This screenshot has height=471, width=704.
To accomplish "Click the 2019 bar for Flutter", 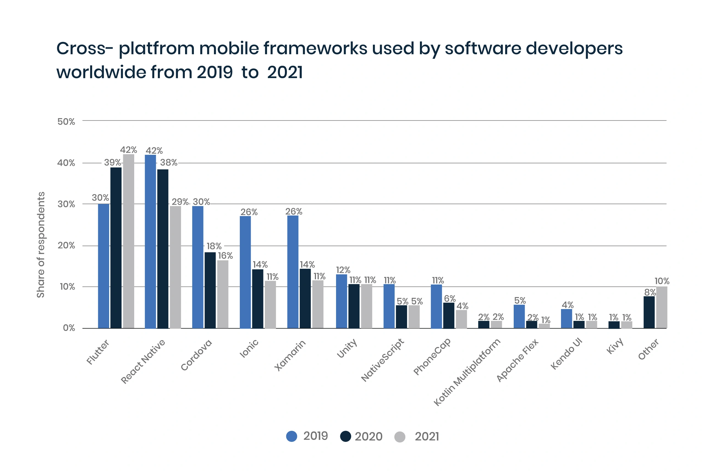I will coord(104,266).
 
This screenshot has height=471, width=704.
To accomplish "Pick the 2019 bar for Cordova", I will coord(198,267).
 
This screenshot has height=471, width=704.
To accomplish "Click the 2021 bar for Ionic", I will coord(270,305).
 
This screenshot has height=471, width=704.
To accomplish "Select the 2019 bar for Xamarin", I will coord(293,272).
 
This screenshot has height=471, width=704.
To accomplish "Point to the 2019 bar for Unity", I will coord(342,301).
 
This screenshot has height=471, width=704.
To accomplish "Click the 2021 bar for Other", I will coord(662,307).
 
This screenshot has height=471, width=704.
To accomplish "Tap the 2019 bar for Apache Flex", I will coord(519,316).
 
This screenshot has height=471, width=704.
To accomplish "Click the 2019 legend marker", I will coord(291,436).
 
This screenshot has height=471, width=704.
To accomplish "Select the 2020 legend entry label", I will coord(369,436).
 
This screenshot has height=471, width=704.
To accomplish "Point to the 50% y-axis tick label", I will coord(66,122).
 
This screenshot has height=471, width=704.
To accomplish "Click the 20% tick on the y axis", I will coord(66,246).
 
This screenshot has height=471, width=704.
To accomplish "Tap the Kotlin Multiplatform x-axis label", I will coord(467,372).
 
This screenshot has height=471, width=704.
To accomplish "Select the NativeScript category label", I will coord(382,360).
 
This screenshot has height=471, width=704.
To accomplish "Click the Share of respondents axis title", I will coord(40,245).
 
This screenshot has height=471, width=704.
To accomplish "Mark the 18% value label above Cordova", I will coord(214,246).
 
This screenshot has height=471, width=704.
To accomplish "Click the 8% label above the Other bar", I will coord(650,292).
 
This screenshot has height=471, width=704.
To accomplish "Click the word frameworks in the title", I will coord(315,48).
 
